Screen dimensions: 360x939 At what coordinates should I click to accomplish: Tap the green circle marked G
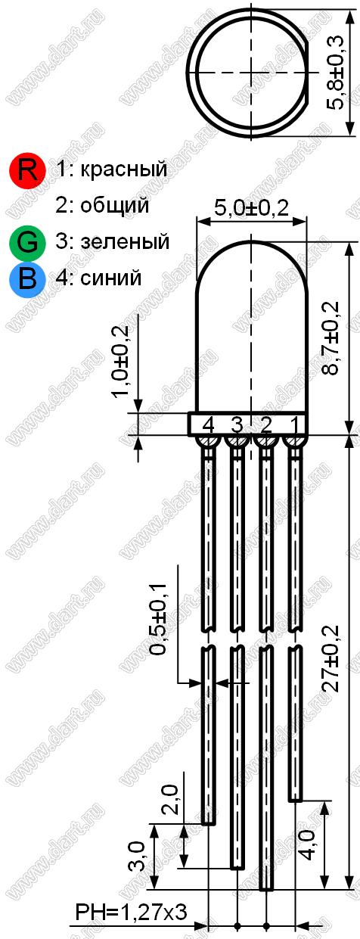click(28, 243)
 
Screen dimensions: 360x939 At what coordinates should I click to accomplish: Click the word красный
click(123, 169)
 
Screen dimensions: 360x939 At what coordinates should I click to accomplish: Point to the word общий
click(114, 205)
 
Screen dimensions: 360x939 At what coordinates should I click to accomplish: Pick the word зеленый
click(125, 242)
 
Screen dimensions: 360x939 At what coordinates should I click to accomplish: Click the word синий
click(110, 278)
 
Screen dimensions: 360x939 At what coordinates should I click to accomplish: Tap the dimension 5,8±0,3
click(335, 73)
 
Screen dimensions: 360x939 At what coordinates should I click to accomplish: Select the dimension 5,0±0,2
click(251, 208)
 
